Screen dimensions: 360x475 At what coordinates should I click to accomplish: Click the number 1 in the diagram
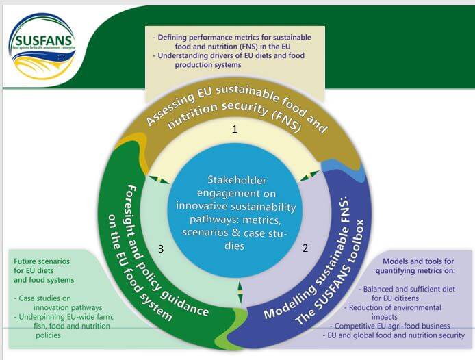pyautogui.click(x=235, y=129)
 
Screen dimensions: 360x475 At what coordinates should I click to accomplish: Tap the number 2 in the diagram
pyautogui.click(x=306, y=250)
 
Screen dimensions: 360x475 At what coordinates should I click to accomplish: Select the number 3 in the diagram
pyautogui.click(x=160, y=250)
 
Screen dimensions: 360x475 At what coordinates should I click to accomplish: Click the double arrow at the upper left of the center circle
pyautogui.click(x=158, y=180)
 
